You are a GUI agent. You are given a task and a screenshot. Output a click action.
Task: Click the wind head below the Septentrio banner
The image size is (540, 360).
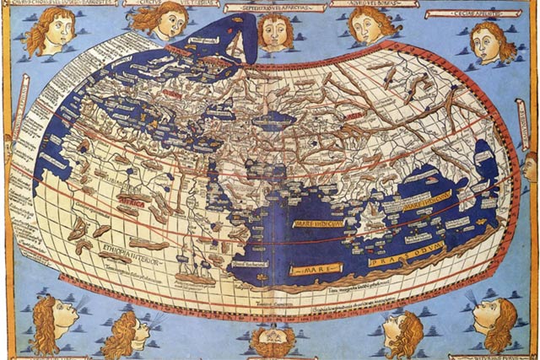[274, 31]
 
